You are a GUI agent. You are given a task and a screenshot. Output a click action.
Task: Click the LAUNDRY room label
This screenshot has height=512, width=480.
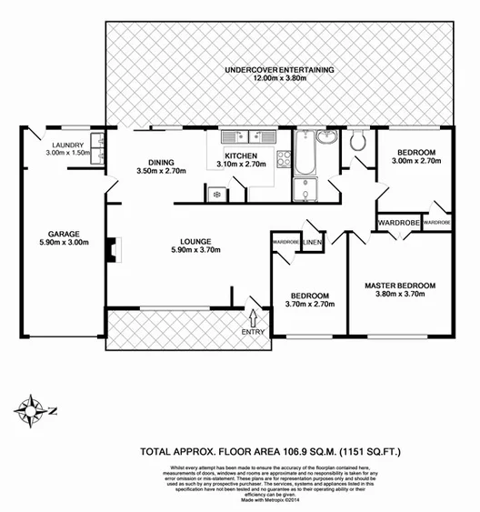point(68,145)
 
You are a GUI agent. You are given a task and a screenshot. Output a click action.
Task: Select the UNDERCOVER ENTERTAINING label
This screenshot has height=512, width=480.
point(280,69)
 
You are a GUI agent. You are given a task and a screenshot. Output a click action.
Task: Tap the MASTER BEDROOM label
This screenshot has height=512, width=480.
point(399,286)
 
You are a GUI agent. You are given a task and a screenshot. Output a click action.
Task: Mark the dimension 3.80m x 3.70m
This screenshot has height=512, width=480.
point(399,296)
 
